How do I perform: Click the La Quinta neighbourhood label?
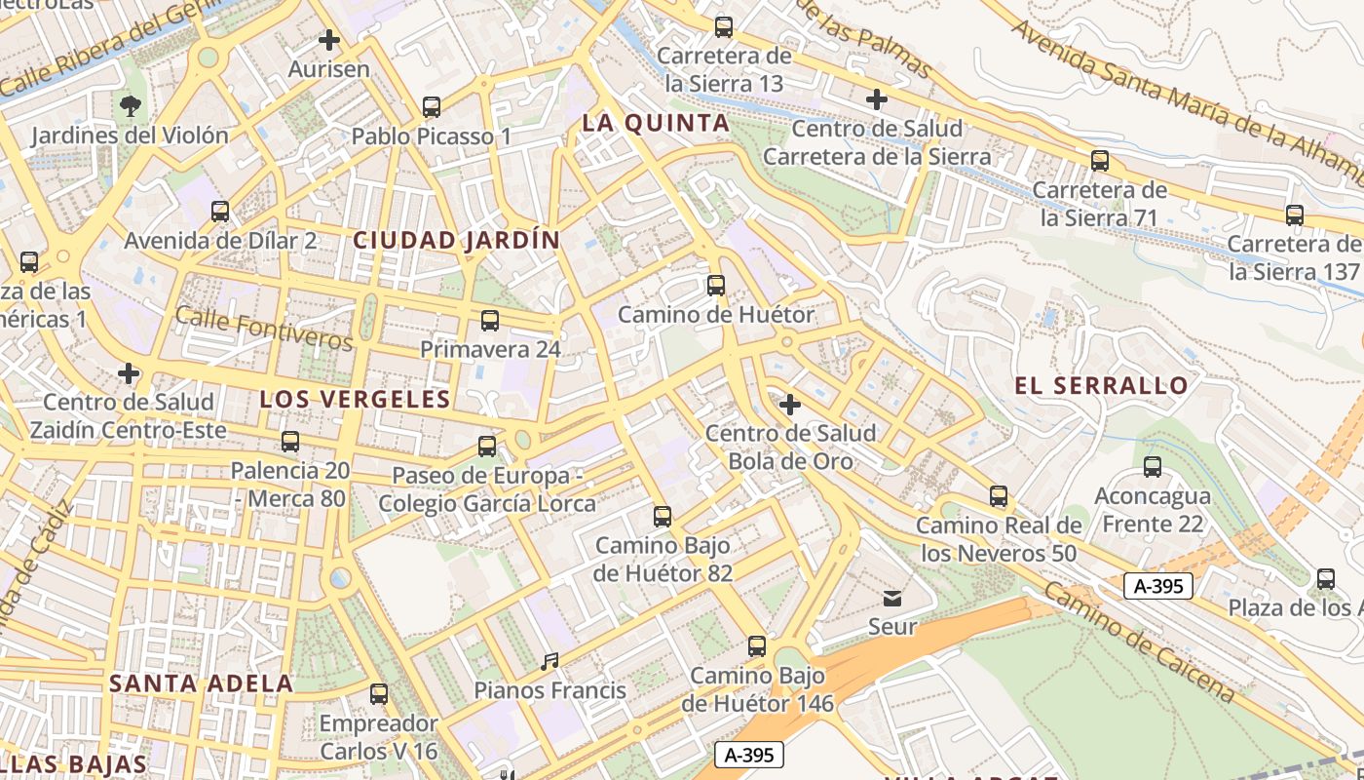[x=656, y=123]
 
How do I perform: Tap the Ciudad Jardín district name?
[x=457, y=240]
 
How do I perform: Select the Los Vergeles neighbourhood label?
[x=356, y=399]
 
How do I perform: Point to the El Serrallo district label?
[x=1102, y=385]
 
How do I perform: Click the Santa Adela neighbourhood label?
[x=201, y=683]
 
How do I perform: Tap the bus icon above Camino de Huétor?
[x=716, y=286]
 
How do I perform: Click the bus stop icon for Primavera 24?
[x=490, y=321]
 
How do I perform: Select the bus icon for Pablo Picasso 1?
[x=432, y=107]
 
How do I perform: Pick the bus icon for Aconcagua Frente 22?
[x=1153, y=467]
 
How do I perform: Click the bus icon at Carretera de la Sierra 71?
[x=1100, y=161]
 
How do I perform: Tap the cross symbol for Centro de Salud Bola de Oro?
[x=790, y=404]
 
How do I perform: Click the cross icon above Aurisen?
[x=329, y=41]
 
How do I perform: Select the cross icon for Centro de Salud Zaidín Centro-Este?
[x=128, y=373]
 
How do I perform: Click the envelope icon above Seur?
[x=892, y=598]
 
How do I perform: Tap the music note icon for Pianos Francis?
[x=549, y=662]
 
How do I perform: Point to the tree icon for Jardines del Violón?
[x=130, y=105]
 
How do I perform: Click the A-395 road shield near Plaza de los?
[x=1157, y=585]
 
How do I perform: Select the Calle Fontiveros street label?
[x=263, y=328]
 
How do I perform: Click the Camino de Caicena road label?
[x=1139, y=643]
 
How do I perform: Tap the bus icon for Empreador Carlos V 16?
[x=379, y=694]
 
